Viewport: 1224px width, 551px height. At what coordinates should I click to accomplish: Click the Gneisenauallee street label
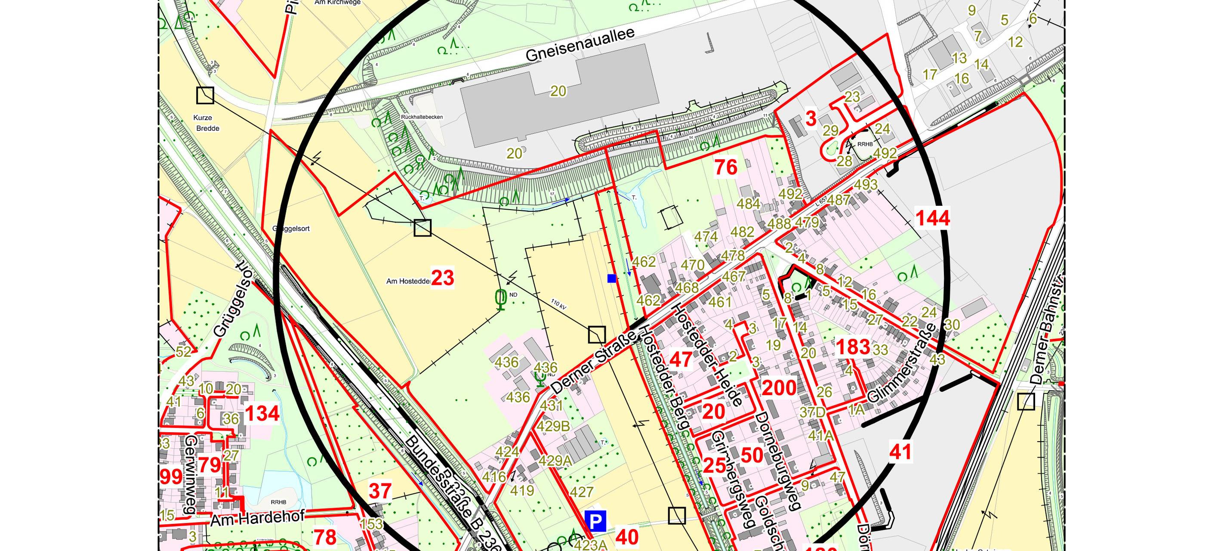pyautogui.click(x=580, y=45)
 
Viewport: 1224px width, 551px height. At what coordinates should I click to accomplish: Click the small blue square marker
pyautogui.click(x=611, y=279)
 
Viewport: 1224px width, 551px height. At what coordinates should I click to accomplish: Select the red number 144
pyautogui.click(x=932, y=218)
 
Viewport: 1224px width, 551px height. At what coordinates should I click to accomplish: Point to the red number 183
pyautogui.click(x=853, y=347)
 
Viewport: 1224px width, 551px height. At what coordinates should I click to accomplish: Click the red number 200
pyautogui.click(x=779, y=388)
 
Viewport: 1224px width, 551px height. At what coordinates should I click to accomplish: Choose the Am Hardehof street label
pyautogui.click(x=257, y=519)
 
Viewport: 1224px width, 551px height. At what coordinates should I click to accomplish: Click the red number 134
pyautogui.click(x=262, y=414)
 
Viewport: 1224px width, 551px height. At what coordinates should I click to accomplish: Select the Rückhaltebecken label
pyautogui.click(x=422, y=117)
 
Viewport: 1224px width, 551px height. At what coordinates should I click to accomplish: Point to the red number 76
pyautogui.click(x=725, y=167)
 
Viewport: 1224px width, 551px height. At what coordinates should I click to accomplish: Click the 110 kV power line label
pyautogui.click(x=559, y=304)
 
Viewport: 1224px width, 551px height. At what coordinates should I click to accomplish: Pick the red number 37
pyautogui.click(x=380, y=491)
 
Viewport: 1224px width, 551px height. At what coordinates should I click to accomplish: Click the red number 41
pyautogui.click(x=900, y=452)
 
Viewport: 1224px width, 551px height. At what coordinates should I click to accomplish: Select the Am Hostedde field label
pyautogui.click(x=408, y=282)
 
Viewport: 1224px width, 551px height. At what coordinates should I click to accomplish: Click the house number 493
pyautogui.click(x=866, y=185)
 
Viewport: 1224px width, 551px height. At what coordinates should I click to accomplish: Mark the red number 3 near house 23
pyautogui.click(x=811, y=119)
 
